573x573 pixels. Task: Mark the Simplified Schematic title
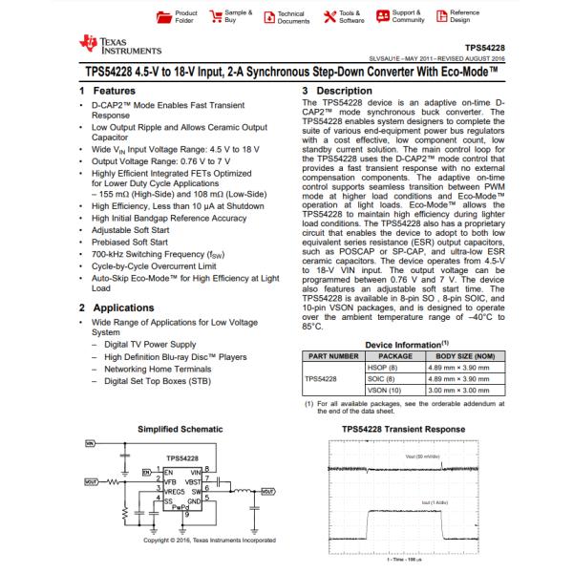pyautogui.click(x=179, y=428)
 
